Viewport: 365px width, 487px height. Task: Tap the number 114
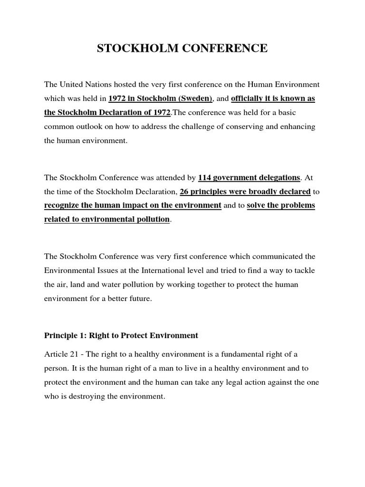pos(205,177)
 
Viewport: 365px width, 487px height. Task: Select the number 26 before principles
pos(185,192)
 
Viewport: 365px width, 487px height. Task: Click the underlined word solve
pos(257,205)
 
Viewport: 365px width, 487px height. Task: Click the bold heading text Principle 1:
pos(63,335)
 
